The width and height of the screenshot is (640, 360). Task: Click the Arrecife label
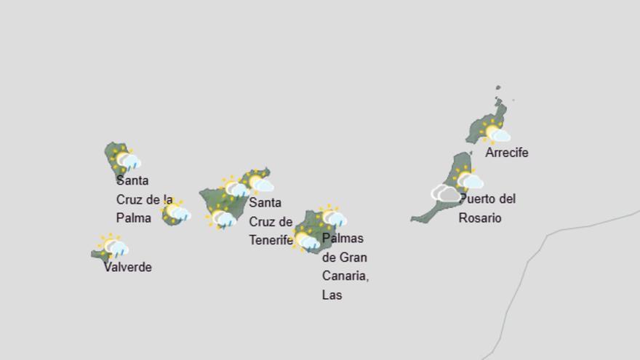pos(506,153)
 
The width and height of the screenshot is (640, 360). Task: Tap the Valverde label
pos(127,267)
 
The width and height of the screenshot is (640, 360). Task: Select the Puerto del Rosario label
pos(487,208)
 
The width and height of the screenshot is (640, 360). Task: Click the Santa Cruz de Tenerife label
pos(271,221)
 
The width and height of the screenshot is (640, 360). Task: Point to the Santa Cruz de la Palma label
pos(144,199)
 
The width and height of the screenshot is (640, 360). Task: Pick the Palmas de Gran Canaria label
pos(345,266)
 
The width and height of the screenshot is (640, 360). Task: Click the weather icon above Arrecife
pos(495,132)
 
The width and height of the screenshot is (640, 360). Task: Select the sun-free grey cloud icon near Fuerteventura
pos(446,193)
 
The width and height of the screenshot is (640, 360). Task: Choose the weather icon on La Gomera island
pos(175,212)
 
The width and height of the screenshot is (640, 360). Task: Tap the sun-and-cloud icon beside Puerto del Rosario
pos(468,178)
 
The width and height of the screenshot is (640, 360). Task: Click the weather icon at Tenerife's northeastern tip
pos(257,182)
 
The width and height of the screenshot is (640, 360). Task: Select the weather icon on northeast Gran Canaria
pos(332,216)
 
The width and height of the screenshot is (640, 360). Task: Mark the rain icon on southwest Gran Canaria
pos(305,239)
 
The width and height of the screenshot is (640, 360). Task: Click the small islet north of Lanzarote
pos(499,89)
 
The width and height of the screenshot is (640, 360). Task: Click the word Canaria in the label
pos(345,276)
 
